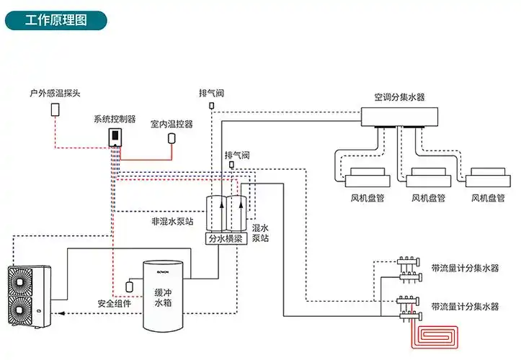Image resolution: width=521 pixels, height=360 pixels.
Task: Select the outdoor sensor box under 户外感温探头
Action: tap(55, 109)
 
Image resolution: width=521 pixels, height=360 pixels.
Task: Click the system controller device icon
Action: tap(114, 136)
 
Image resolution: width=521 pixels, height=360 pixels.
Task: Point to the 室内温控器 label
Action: tap(172, 124)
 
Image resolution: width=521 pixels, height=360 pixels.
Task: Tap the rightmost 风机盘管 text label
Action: tap(487, 197)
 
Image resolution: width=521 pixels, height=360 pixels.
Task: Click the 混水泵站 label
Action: tap(260, 232)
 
